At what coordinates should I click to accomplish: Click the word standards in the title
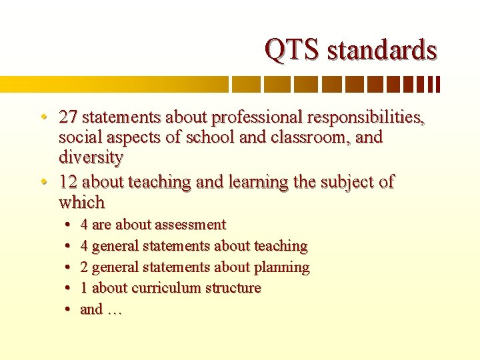pyautogui.click(x=382, y=49)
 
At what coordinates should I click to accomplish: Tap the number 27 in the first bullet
pyautogui.click(x=67, y=117)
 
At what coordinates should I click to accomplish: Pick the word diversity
pyautogui.click(x=91, y=158)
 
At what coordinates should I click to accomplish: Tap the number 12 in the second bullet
pyautogui.click(x=67, y=181)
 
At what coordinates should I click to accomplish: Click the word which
pyautogui.click(x=81, y=202)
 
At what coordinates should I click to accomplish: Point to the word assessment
pyautogui.click(x=191, y=225)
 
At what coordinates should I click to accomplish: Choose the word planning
pyautogui.click(x=281, y=267)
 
